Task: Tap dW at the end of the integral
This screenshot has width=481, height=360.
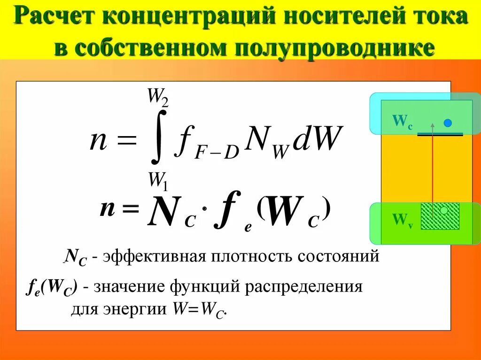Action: coord(315,140)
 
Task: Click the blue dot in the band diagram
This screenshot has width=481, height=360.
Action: coord(448,123)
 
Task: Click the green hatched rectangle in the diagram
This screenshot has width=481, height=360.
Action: coord(440,216)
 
